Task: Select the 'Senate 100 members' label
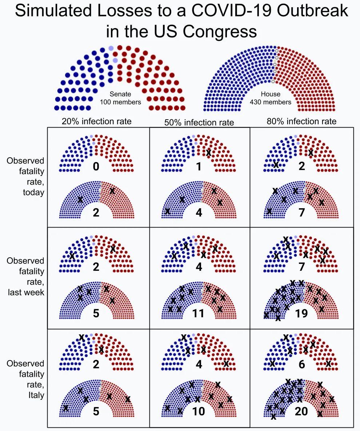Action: click(120, 98)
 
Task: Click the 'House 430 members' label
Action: click(271, 98)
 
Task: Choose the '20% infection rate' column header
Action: click(96, 121)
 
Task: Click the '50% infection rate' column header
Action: click(199, 122)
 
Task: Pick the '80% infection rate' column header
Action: click(301, 121)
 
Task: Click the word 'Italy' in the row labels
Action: click(36, 395)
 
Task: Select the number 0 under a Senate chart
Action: click(96, 167)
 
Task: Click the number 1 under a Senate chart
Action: click(199, 167)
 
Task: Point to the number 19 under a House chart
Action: click(301, 313)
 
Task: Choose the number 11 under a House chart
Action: click(199, 313)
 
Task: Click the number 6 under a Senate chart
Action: click(301, 364)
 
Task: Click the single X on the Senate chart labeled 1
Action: click(208, 153)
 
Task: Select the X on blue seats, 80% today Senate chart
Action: click(276, 165)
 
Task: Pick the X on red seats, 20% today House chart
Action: click(112, 190)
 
